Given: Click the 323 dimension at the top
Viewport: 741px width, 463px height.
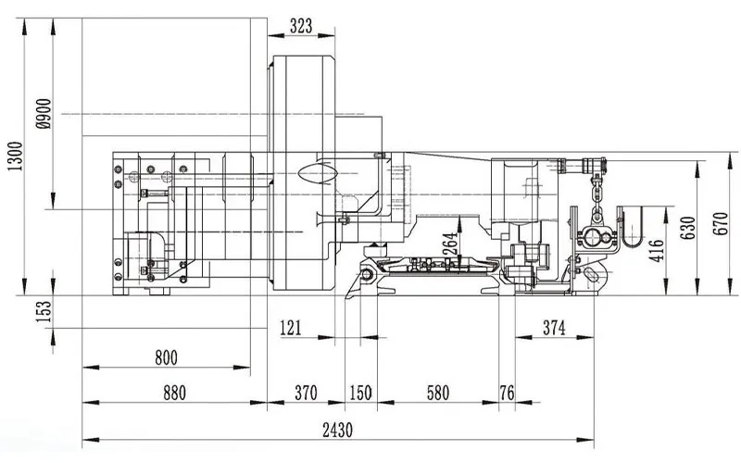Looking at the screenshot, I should click(x=301, y=26).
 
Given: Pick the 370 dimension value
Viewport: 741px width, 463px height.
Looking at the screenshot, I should click(x=305, y=393).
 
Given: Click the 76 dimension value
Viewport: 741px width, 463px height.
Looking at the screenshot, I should click(x=507, y=393).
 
